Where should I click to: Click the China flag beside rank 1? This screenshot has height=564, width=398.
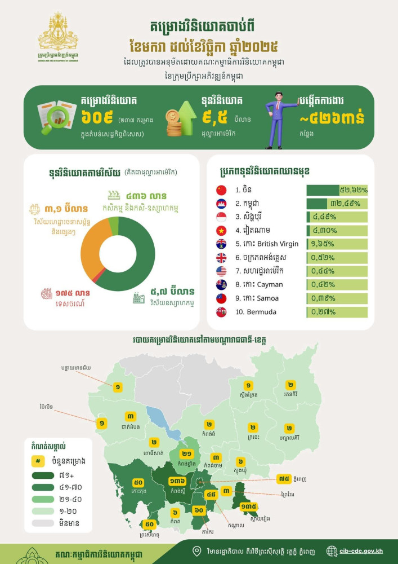[221, 190]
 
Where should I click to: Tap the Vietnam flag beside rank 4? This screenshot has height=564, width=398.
[221, 231]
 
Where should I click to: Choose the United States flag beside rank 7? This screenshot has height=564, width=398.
[221, 271]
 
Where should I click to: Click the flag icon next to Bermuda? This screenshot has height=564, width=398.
[221, 312]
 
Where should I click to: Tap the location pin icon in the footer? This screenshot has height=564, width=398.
[196, 551]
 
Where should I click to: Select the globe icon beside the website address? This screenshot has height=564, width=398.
[332, 551]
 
